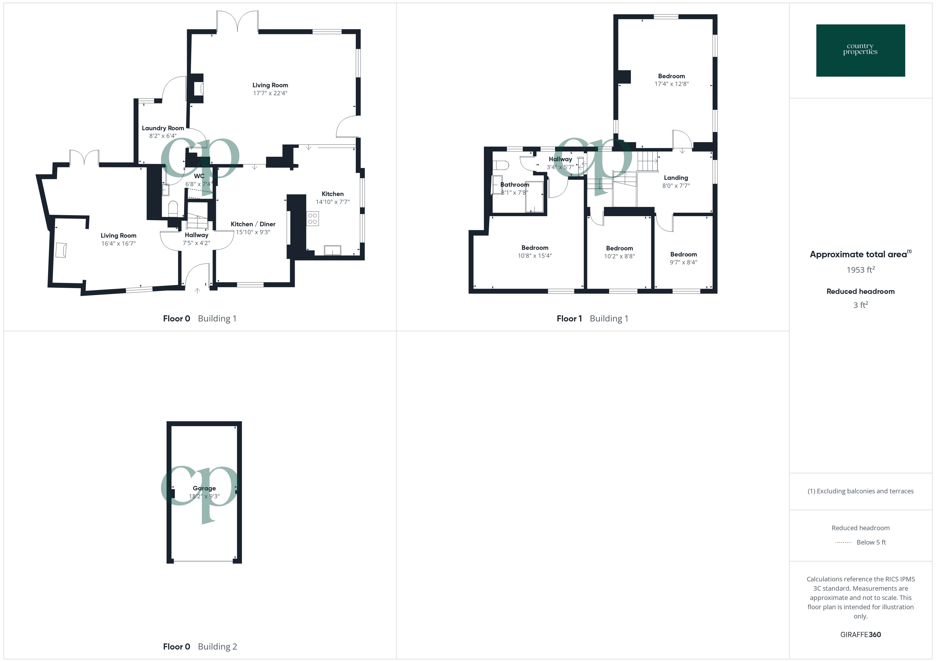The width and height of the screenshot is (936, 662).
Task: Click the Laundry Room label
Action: (x=163, y=128)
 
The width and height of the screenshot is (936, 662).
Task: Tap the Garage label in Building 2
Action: (x=204, y=488)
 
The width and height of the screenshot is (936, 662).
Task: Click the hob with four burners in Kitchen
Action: (x=313, y=219)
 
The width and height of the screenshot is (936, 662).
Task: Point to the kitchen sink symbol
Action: (x=332, y=250)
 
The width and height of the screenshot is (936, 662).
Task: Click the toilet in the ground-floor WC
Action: (x=173, y=208)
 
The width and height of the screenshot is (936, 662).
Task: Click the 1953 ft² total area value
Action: (x=860, y=270)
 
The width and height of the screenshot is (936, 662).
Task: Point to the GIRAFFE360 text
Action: (x=860, y=634)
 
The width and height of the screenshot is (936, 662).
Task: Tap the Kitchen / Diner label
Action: (x=253, y=224)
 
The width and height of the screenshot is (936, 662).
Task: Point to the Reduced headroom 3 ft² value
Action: (x=860, y=305)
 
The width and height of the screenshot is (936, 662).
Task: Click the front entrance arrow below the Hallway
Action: (x=197, y=291)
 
